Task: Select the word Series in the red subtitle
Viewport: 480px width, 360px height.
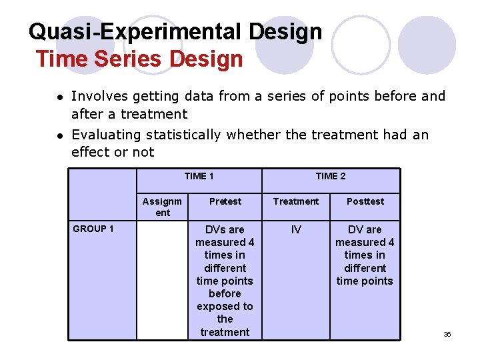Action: coord(129,59)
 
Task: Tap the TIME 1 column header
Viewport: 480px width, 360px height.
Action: coord(199,176)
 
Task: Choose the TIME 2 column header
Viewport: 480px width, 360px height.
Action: coord(331,176)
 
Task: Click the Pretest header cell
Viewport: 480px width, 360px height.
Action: coord(225,201)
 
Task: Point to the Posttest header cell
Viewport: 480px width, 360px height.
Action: coord(365,201)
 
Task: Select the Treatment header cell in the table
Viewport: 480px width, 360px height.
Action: coord(296,201)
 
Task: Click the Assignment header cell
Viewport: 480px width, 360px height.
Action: coord(162,207)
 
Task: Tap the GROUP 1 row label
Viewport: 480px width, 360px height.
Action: coord(93,229)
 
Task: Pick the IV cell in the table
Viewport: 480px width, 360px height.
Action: coord(296,229)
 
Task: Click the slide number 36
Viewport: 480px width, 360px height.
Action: coord(447,334)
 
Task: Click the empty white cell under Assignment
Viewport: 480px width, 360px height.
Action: coord(162,280)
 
